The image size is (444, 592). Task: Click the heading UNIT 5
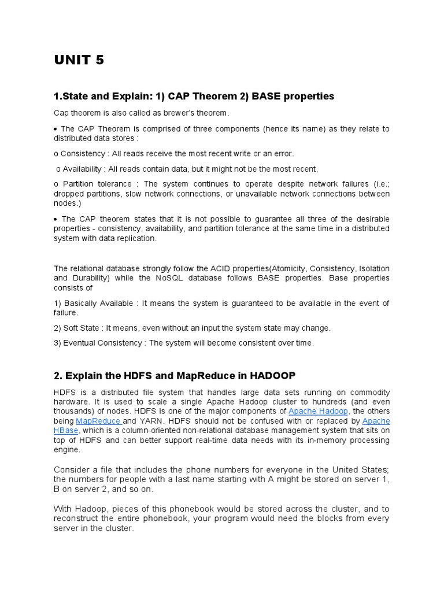[x=79, y=60]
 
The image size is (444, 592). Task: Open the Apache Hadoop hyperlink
[x=318, y=411]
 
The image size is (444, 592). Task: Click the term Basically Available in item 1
[x=99, y=304]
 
